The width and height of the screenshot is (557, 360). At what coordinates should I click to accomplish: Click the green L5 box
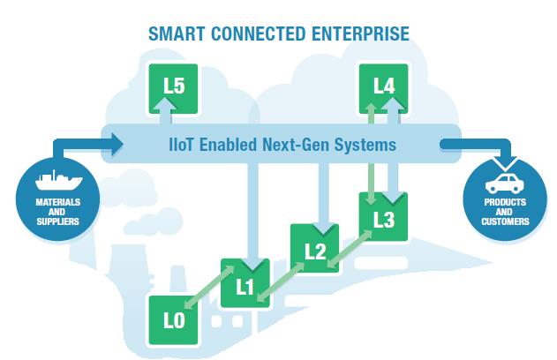173,89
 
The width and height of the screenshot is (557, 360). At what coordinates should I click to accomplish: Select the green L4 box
384,89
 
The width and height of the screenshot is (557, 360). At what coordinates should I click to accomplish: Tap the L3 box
384,216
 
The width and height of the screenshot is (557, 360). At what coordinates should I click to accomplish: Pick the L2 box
315,248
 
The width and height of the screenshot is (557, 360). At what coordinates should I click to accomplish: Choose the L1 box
245,283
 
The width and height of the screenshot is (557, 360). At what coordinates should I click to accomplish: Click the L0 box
174,320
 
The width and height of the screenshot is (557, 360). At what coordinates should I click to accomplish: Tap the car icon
504,184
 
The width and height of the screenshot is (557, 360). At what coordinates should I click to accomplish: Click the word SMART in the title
177,34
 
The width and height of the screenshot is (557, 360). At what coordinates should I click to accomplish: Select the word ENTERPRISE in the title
360,34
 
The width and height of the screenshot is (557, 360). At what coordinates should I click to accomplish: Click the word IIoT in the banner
181,145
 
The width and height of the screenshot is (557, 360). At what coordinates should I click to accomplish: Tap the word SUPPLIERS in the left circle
58,221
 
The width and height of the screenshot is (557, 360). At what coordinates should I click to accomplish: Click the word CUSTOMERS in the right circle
505,221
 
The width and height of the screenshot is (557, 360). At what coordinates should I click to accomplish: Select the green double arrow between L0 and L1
209,287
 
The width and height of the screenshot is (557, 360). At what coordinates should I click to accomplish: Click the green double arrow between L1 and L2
280,282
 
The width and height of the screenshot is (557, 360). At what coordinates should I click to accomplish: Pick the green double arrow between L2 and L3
349,249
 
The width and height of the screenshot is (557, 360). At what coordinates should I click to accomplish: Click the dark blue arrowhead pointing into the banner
117,144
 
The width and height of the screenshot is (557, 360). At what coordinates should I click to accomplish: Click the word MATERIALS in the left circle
58,202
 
